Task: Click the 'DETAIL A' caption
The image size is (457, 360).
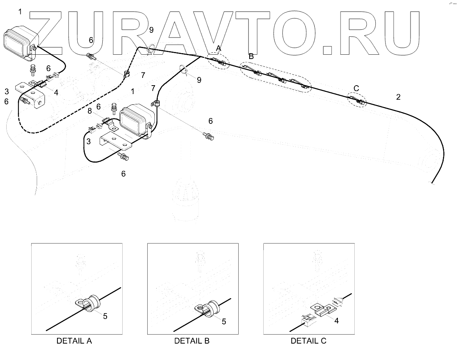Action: [x=74, y=341]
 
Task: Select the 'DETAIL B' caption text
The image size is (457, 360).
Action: [x=192, y=341]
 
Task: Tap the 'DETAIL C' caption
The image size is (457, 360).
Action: [x=308, y=341]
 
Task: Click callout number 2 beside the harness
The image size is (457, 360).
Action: [x=398, y=97]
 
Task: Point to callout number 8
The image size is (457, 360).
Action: [x=89, y=111]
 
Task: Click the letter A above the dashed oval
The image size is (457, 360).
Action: [x=219, y=48]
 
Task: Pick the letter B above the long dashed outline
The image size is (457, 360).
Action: [x=251, y=56]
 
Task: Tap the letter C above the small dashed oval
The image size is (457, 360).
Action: [x=356, y=88]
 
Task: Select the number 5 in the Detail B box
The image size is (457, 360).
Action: [x=224, y=321]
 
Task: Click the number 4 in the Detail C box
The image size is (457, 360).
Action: [x=336, y=321]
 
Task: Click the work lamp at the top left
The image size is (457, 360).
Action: [x=20, y=42]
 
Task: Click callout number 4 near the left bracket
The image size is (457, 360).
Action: [x=56, y=93]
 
